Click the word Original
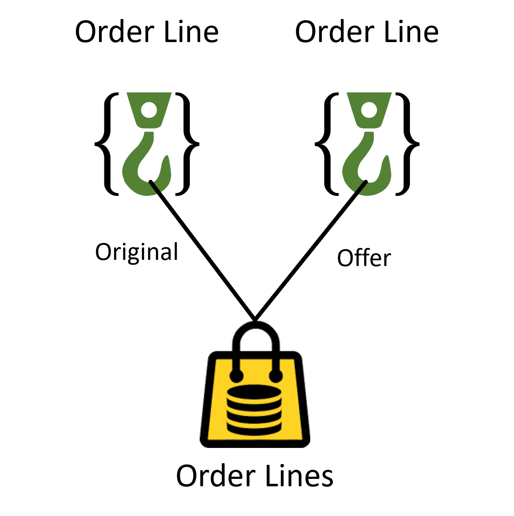click(x=137, y=252)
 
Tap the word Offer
click(x=364, y=258)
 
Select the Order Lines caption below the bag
click(x=255, y=476)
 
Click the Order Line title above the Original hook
click(x=146, y=32)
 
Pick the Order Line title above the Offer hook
click(x=367, y=32)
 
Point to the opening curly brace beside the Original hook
click(x=107, y=144)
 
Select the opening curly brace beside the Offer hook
click(x=327, y=144)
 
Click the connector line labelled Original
click(x=202, y=250)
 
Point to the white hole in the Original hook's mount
click(x=149, y=110)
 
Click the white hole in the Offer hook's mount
click(x=369, y=110)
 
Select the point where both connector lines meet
click(x=255, y=320)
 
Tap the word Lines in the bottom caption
click(x=299, y=476)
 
